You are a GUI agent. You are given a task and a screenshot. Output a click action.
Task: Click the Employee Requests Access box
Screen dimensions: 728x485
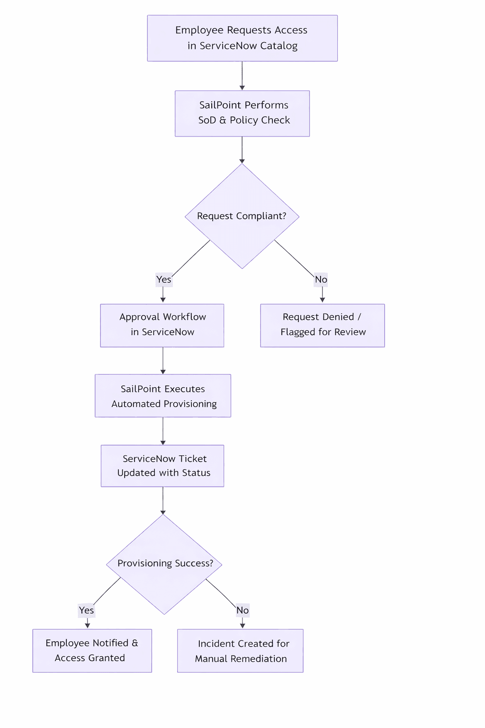tap(242, 38)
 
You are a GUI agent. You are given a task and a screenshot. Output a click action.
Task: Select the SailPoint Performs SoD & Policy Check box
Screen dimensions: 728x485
tap(242, 113)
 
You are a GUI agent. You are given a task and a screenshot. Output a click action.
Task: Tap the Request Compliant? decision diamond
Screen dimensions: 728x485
tap(242, 216)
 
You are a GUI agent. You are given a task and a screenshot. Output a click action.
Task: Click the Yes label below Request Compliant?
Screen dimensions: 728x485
tap(164, 280)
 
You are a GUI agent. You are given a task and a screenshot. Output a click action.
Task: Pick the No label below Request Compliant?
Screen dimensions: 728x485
tap(321, 280)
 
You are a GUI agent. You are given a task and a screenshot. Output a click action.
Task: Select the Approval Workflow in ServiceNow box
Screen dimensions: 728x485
tap(162, 325)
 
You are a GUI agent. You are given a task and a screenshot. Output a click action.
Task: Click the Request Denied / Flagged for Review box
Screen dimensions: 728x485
tap(322, 325)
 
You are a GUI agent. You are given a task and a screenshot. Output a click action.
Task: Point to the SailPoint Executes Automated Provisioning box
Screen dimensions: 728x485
tap(163, 396)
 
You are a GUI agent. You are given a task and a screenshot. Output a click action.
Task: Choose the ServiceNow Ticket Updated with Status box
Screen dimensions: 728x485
tap(162, 465)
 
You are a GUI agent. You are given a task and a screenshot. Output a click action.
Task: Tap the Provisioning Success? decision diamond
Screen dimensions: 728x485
tap(164, 564)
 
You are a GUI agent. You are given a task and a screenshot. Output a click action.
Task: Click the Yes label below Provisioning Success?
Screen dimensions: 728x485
tap(86, 610)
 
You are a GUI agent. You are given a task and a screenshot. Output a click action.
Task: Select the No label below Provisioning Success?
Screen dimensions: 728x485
tap(242, 610)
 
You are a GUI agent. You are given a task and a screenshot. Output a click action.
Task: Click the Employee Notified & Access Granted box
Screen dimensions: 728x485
tap(92, 650)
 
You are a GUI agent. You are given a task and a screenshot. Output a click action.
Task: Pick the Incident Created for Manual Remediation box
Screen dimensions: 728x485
tap(240, 650)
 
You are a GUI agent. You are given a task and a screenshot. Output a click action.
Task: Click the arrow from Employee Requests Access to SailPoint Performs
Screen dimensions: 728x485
tap(242, 76)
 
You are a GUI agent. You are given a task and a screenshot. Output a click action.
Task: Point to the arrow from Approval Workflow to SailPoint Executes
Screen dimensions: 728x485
tap(163, 361)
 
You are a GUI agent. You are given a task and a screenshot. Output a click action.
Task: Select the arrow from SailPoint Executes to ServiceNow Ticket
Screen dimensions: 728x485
tap(163, 431)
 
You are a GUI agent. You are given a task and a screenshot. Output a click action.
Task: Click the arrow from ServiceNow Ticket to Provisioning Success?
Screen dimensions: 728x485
tap(163, 500)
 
